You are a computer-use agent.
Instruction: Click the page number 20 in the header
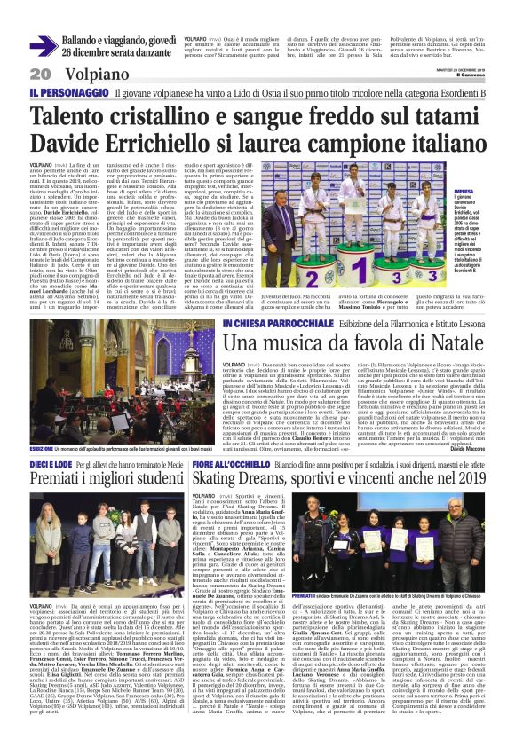click(x=40, y=74)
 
